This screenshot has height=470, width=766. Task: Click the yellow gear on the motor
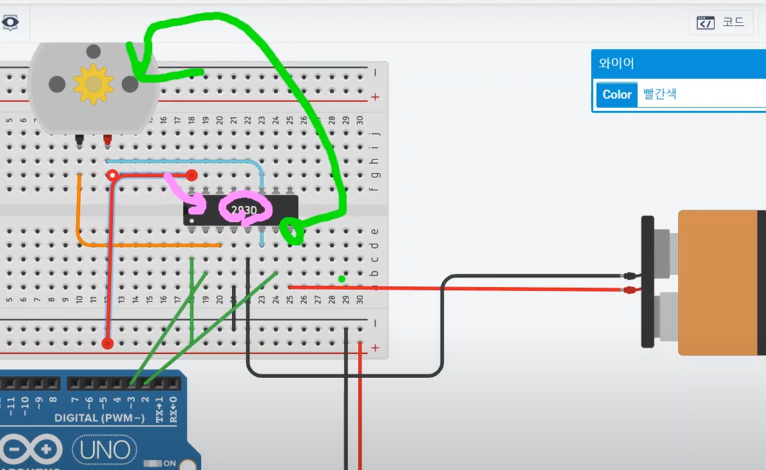[x=93, y=84]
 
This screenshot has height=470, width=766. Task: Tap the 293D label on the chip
[x=244, y=210]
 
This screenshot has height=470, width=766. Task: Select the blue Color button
[x=617, y=95]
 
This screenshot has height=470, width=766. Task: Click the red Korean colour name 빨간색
[x=660, y=95]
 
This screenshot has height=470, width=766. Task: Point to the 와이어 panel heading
[x=616, y=64]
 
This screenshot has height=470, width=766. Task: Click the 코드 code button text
[x=733, y=23]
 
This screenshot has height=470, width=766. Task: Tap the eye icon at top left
[x=10, y=23]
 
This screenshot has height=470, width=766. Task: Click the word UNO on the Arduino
[x=105, y=450]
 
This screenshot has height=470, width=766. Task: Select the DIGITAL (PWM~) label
[x=99, y=418]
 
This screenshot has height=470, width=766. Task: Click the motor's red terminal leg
[x=107, y=139]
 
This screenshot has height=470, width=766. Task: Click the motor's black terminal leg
[x=80, y=139]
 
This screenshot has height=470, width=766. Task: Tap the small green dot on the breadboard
[x=342, y=278]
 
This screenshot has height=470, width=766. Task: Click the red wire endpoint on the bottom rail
[x=107, y=343]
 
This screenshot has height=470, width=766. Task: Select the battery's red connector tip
[x=630, y=290]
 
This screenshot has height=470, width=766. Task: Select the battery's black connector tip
[x=630, y=276]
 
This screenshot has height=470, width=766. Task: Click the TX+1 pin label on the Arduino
[x=160, y=410]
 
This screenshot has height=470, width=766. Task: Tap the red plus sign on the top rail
[x=375, y=97]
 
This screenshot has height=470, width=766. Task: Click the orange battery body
[x=718, y=283]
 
